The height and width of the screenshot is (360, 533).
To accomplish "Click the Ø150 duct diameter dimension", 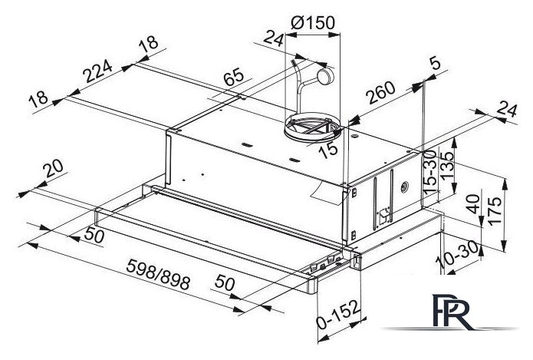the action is pos(313,23).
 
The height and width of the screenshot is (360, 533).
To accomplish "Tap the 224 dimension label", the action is pos(98,71).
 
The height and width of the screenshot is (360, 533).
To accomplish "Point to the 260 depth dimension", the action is pos(381,93).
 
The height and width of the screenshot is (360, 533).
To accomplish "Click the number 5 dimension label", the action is pos(434,63).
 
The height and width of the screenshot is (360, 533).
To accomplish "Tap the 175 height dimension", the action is pos(494,210).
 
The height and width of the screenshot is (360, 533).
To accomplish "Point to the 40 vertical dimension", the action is pos(474,204).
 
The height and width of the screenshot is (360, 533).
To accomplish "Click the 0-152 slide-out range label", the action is pos(337,315).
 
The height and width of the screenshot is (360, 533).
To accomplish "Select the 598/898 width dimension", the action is pos(158,274).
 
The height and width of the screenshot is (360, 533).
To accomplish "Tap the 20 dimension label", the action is pos(53,168).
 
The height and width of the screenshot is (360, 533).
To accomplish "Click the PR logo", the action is pos(451,312).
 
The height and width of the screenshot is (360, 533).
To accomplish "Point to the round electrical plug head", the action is pos(324,77).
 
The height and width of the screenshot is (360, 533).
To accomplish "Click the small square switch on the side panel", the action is pos(384,214).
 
